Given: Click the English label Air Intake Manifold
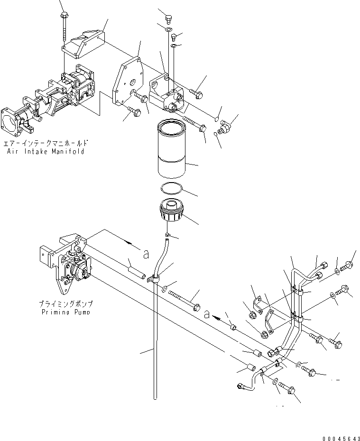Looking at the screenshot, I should point(46,151).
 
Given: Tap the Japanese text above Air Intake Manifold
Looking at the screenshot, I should point(46,143).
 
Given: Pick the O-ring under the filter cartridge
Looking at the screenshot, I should point(170,187).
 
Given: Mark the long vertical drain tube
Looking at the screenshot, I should point(154,351).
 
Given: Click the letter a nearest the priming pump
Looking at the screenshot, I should point(146,255).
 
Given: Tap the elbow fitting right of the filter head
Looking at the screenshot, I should point(226,127).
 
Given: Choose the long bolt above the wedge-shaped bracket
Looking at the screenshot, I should point(63,28).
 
